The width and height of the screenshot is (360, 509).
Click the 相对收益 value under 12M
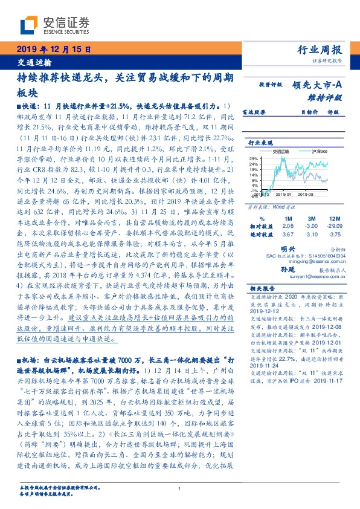point(336,225)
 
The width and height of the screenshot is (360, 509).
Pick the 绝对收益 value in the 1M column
point(288,233)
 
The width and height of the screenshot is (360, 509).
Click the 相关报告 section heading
point(262,289)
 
